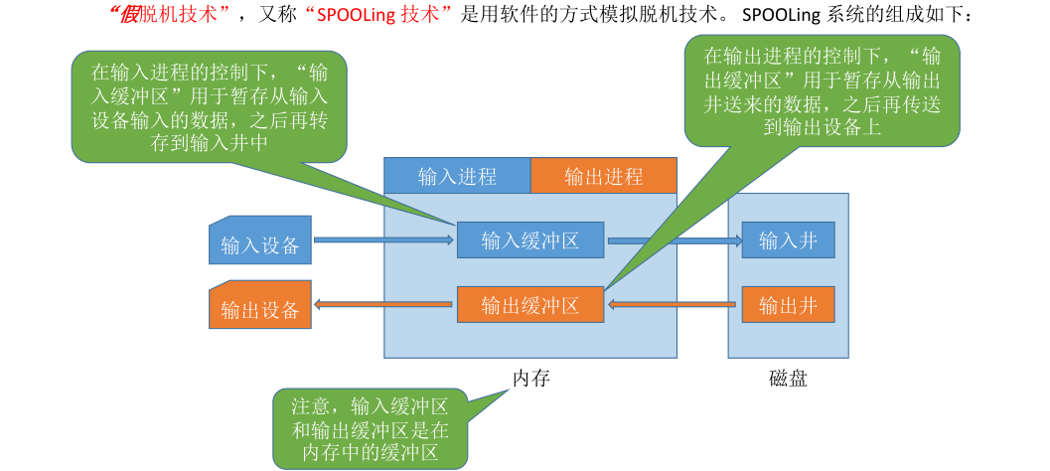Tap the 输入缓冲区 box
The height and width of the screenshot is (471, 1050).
point(530,240)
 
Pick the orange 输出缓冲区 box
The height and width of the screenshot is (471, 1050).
point(530,304)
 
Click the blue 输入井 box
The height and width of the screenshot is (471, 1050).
point(788,240)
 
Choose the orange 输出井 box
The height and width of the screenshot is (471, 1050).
point(788,304)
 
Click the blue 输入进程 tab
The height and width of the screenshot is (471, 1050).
point(457,177)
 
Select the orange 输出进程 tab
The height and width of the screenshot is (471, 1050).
point(604,177)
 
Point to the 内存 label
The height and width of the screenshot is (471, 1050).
point(530,379)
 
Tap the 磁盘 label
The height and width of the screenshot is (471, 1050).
point(788,379)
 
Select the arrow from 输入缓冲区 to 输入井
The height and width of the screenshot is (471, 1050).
point(675,240)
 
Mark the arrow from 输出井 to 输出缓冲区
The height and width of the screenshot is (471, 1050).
point(675,305)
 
